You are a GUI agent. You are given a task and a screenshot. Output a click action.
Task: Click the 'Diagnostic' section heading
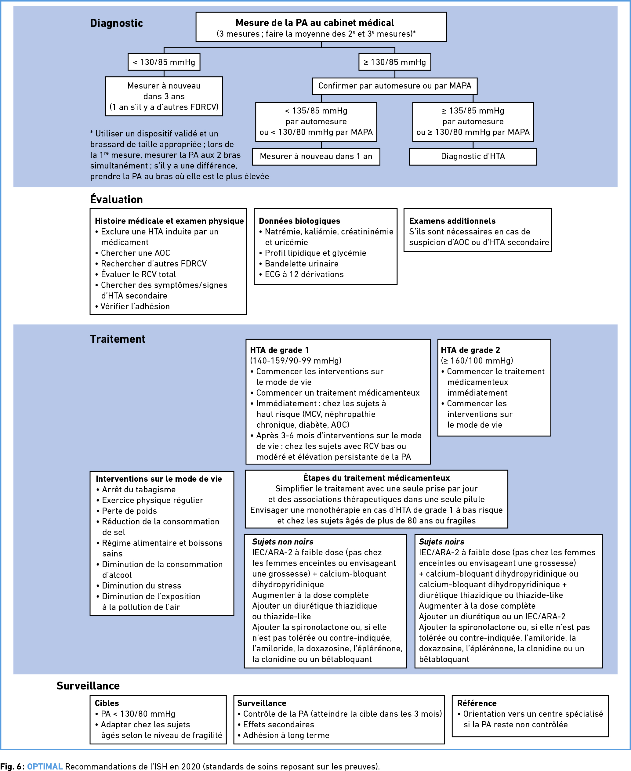(x=116, y=23)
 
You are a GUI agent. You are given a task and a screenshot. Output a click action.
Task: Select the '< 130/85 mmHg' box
(x=164, y=62)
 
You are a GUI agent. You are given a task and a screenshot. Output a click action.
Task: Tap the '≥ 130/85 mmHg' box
(x=395, y=62)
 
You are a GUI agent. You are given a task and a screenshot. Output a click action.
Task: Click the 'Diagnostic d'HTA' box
(x=473, y=157)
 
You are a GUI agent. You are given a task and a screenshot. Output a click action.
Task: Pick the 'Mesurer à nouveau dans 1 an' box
(x=316, y=157)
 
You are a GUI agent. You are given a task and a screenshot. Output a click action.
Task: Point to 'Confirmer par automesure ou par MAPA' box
(x=395, y=86)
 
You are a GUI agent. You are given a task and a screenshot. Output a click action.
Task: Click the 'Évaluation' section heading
(x=116, y=200)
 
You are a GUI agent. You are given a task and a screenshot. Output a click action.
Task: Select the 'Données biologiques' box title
(x=299, y=221)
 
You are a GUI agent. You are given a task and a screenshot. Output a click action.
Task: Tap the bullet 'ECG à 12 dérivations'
(x=301, y=274)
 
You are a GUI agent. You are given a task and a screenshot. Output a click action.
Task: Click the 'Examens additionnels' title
(x=452, y=221)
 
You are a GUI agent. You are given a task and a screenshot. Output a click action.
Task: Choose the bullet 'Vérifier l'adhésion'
(x=132, y=306)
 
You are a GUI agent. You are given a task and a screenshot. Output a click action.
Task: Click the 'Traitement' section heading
(x=118, y=339)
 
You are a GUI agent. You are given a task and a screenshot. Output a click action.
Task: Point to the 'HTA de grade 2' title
(x=470, y=350)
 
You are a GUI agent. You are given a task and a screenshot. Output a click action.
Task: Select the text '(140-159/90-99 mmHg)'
(x=296, y=361)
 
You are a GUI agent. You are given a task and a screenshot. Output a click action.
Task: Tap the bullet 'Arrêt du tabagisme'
(x=136, y=489)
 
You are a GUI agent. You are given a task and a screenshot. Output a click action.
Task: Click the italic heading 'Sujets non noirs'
(x=283, y=542)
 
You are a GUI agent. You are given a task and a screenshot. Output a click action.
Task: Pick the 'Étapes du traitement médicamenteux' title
(x=377, y=478)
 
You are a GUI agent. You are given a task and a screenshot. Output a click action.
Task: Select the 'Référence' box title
(x=477, y=703)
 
